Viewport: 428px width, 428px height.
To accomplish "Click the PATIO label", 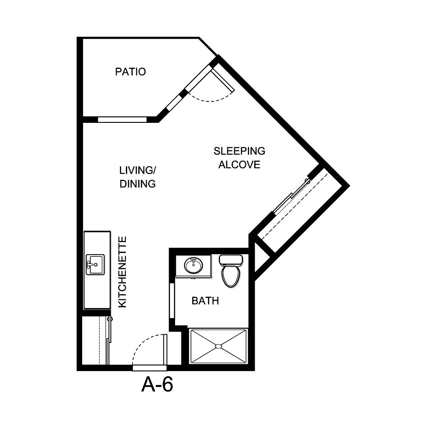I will [x=131, y=71].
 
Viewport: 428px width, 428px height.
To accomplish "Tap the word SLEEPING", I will [x=239, y=151].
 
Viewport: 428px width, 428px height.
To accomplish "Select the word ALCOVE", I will [x=239, y=165].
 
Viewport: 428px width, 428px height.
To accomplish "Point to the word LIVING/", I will [x=137, y=171].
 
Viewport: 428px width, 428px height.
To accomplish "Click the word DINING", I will [x=137, y=184].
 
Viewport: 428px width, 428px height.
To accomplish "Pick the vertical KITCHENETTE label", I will [x=122, y=271].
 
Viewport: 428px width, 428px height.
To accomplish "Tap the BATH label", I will [x=205, y=301].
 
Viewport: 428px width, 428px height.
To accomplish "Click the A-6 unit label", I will [x=157, y=385].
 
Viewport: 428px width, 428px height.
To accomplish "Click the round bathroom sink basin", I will [x=194, y=265].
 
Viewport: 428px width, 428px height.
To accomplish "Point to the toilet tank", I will [x=231, y=259].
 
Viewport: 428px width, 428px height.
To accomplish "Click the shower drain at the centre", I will [x=218, y=346].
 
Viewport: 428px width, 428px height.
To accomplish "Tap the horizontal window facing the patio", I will [x=122, y=119].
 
